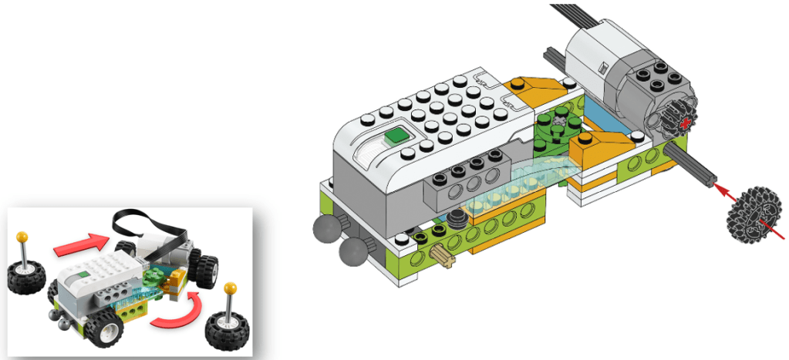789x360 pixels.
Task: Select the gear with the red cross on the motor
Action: tap(677, 123)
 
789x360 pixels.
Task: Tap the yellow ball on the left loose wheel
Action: tap(24, 235)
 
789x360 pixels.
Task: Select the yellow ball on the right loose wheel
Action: tap(228, 288)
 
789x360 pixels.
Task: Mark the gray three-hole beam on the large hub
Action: tap(464, 185)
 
